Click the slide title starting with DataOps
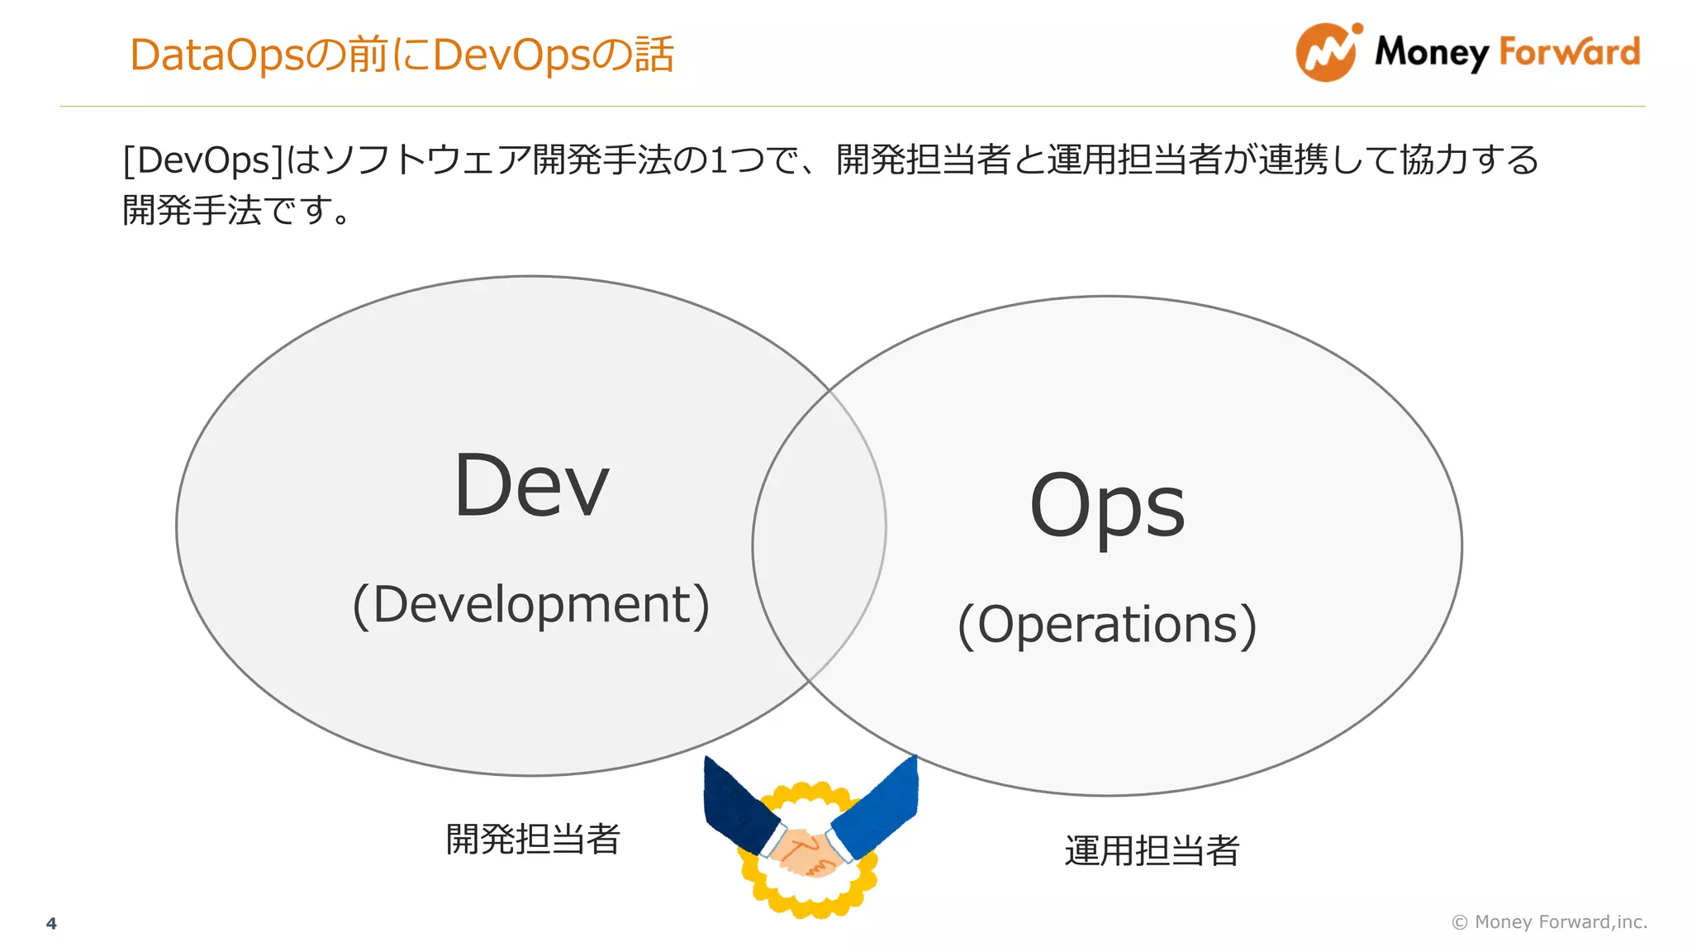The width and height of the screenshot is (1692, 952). click(x=402, y=55)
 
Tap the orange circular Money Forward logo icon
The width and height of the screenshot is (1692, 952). click(x=1327, y=53)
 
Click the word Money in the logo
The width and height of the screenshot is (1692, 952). click(x=1431, y=53)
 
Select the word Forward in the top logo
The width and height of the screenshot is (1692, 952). click(x=1569, y=51)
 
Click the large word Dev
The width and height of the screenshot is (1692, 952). click(x=531, y=487)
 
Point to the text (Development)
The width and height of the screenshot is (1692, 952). click(x=531, y=604)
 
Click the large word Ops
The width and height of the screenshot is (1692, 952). click(x=1107, y=506)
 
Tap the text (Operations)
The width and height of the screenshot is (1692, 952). click(x=1107, y=624)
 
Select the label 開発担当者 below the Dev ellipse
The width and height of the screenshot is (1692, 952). click(x=533, y=839)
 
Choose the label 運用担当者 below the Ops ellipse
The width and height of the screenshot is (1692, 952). click(x=1152, y=850)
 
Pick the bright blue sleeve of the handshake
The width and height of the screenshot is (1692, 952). click(x=881, y=806)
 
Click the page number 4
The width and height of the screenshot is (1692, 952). click(x=51, y=923)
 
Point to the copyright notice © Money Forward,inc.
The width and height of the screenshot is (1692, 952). click(x=1549, y=921)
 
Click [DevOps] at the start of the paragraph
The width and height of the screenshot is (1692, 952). click(x=203, y=159)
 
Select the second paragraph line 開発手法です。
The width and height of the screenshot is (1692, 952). click(x=238, y=210)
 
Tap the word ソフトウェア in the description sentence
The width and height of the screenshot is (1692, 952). click(x=426, y=159)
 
